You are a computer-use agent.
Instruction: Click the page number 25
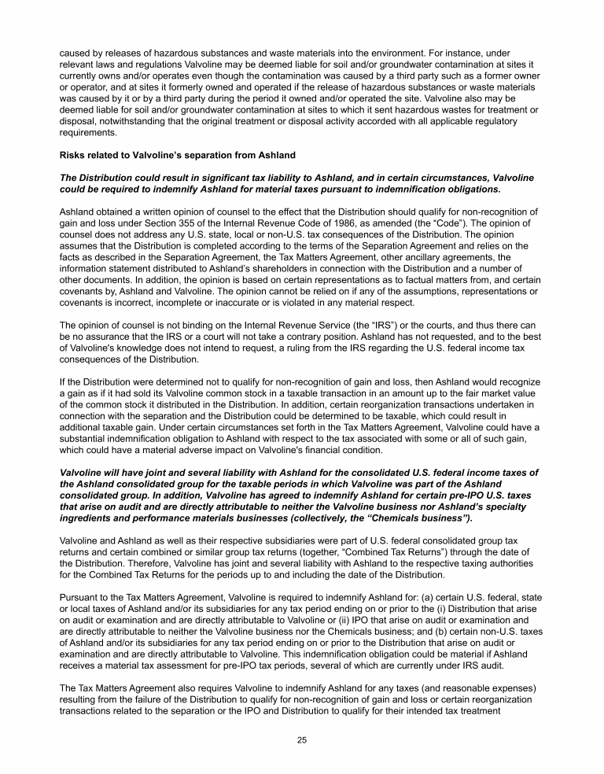[x=301, y=740]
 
